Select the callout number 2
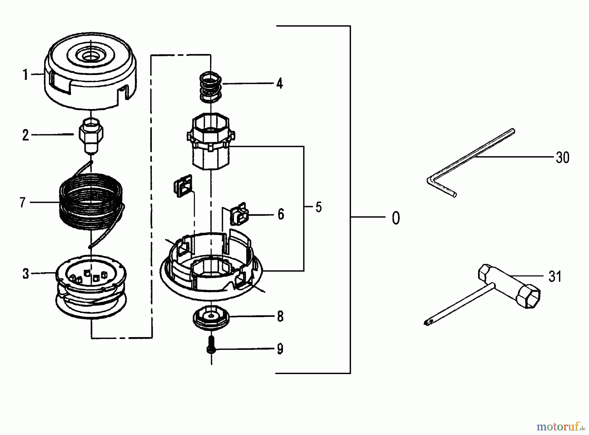pos(26,135)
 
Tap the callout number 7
pos(22,203)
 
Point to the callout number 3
pos(26,274)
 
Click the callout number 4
pos(279,84)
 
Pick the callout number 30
pos(562,158)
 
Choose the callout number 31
pos(555,277)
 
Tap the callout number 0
pos(396,218)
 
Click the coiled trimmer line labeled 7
pos(91,203)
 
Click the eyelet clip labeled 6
pos(239,215)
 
